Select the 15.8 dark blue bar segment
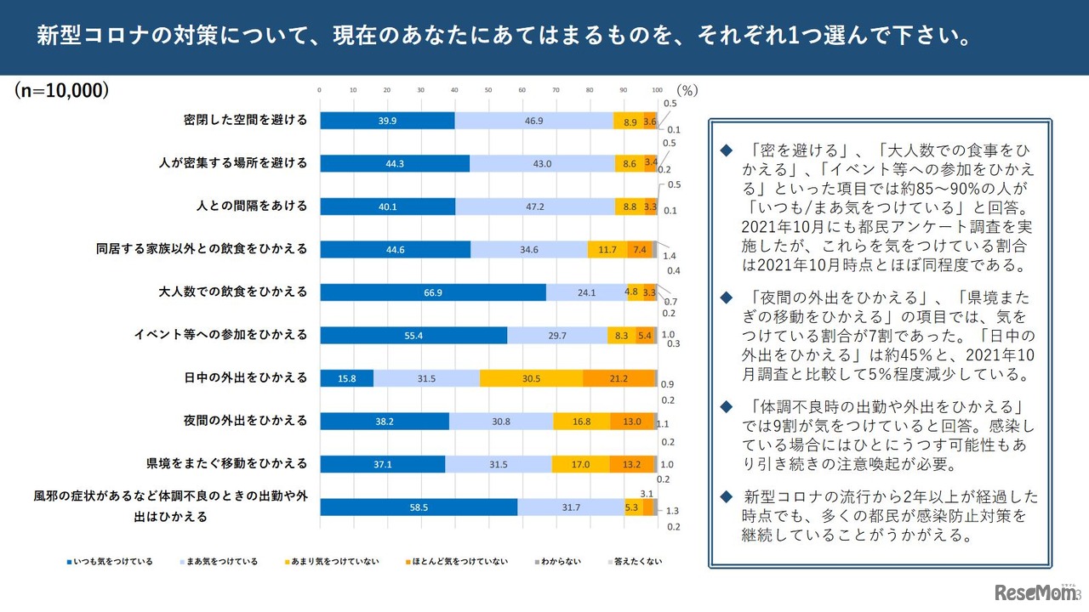click(346, 378)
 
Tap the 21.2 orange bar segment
click(619, 378)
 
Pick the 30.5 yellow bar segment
click(531, 378)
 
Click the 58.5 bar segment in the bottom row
click(419, 507)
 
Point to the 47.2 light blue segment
click(535, 207)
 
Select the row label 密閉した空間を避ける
click(245, 120)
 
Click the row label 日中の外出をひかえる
click(245, 378)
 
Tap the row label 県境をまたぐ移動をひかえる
click(227, 464)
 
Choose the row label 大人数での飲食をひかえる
click(233, 292)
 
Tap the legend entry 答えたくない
click(633, 561)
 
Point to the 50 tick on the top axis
click(488, 89)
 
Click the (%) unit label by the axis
click(687, 90)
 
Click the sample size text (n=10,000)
click(61, 90)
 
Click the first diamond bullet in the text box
click(726, 150)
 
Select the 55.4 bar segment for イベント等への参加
click(413, 336)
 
